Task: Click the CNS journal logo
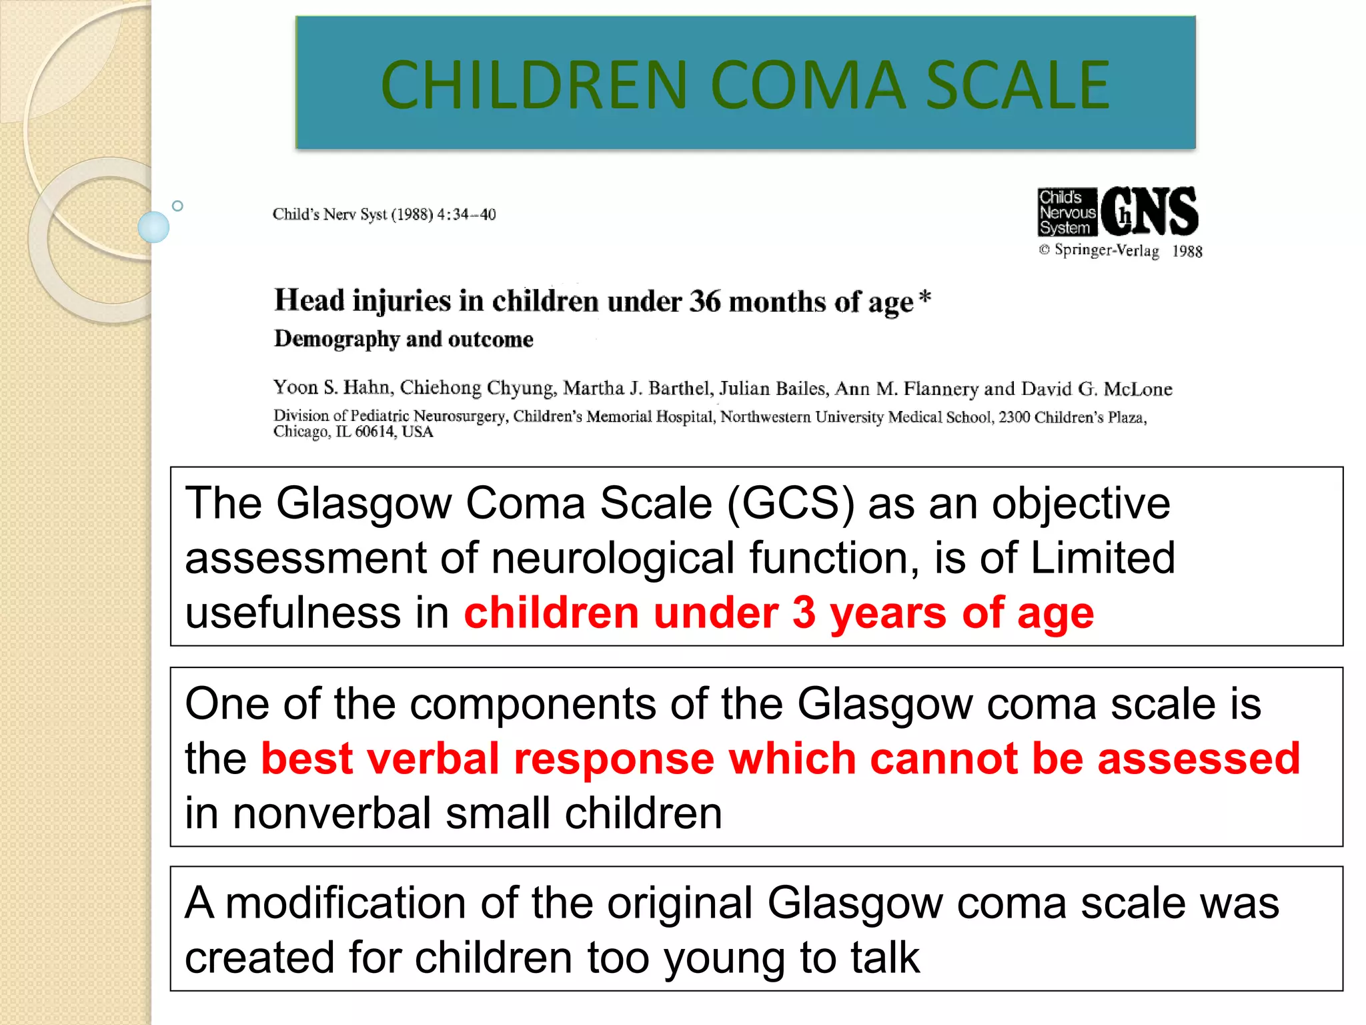[x=1149, y=212]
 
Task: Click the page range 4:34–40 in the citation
[x=466, y=214]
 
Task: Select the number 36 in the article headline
[x=705, y=301]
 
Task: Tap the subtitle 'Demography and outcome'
[x=404, y=339]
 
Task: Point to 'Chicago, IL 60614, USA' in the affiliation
[x=353, y=432]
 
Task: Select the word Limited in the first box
[x=1103, y=557]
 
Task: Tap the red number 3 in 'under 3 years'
[x=804, y=613]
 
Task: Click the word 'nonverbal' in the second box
[x=331, y=813]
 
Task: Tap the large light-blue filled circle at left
[x=153, y=227]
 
